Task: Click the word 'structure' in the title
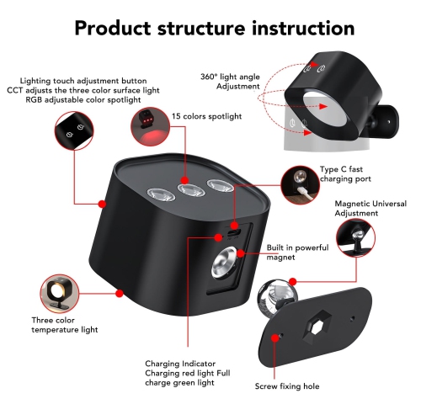pyautogui.click(x=201, y=29)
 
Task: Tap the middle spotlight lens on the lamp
pyautogui.click(x=192, y=189)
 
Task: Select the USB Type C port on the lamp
pyautogui.click(x=233, y=232)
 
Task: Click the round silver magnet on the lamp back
pyautogui.click(x=224, y=262)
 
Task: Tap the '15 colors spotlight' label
pyautogui.click(x=206, y=116)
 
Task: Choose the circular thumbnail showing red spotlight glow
pyautogui.click(x=151, y=126)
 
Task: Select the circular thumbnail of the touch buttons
pyautogui.click(x=74, y=130)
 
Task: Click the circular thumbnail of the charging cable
pyautogui.click(x=300, y=185)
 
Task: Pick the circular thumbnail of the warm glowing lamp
pyautogui.click(x=60, y=294)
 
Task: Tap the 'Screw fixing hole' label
pyautogui.click(x=287, y=386)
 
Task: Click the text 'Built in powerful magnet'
pyautogui.click(x=297, y=253)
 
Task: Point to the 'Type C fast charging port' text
pyautogui.click(x=345, y=174)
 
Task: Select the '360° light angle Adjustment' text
pyautogui.click(x=230, y=82)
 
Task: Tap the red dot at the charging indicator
pyautogui.click(x=218, y=237)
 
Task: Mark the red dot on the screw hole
pyautogui.click(x=274, y=338)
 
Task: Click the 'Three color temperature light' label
pyautogui.click(x=65, y=325)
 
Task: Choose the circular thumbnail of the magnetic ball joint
pyautogui.click(x=355, y=237)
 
